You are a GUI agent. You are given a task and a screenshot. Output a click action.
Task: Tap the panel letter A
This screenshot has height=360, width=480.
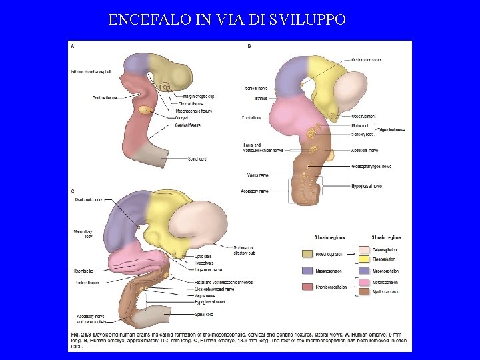coord(73,46)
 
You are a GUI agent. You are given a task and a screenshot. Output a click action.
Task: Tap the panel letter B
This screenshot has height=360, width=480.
coord(249,46)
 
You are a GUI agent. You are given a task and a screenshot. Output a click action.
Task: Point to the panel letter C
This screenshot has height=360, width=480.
coord(73,192)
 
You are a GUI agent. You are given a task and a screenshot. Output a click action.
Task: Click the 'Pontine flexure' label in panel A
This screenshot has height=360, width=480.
coord(88,97)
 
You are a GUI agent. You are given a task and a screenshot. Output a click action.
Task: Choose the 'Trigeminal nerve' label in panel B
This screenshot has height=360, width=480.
coord(391,129)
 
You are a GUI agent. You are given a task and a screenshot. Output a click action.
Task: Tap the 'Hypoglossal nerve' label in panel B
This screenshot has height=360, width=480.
coord(367,186)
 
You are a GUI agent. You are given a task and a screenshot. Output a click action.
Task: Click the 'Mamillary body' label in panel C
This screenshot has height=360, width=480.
coord(83,233)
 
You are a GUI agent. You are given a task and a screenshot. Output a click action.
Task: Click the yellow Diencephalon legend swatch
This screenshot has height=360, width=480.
coord(364,259)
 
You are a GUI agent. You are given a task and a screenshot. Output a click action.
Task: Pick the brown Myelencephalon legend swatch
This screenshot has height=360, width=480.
coord(364,291)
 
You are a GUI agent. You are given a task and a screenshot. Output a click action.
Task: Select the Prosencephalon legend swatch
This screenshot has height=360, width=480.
coord(307,254)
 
